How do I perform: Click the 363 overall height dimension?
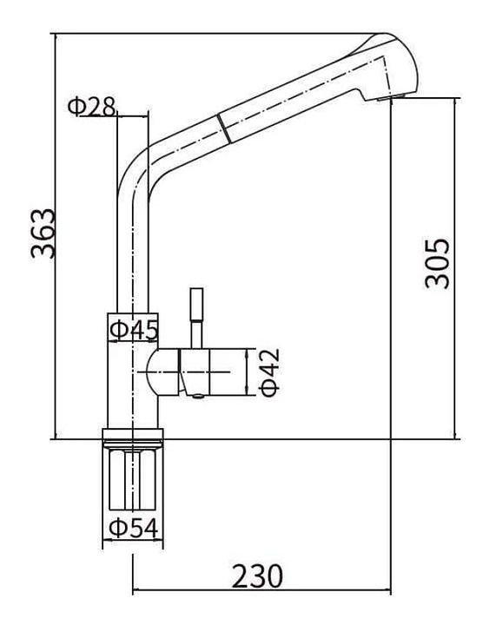(x=43, y=234)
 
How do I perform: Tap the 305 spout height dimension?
(x=437, y=264)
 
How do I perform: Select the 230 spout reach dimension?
(x=257, y=576)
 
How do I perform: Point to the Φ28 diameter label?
(x=91, y=107)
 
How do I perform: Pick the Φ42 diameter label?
(x=269, y=372)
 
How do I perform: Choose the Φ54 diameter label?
(x=134, y=528)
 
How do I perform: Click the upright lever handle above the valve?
(x=196, y=318)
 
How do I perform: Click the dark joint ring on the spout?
(x=224, y=128)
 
